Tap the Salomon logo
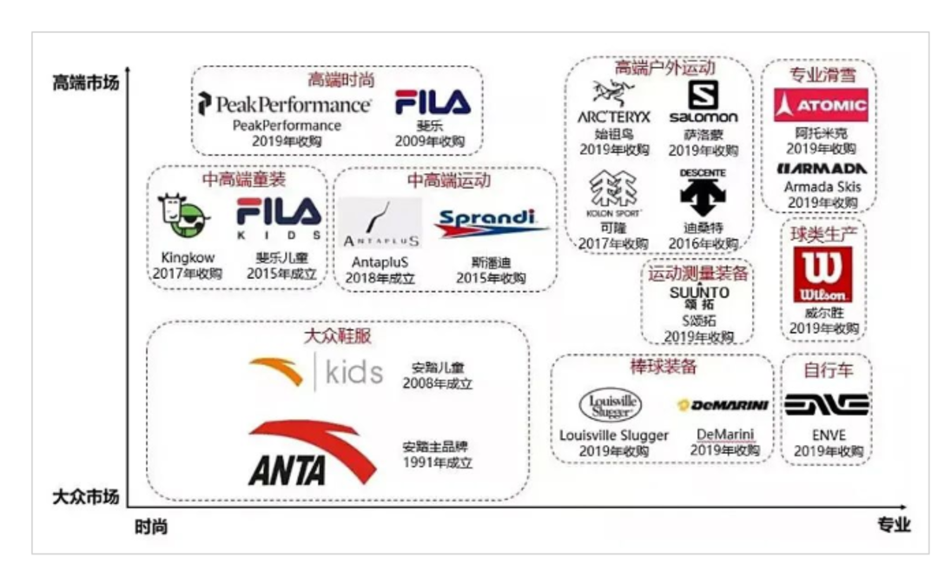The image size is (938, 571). click(703, 103)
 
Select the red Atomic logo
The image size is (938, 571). click(821, 106)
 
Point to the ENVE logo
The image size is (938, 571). click(826, 404)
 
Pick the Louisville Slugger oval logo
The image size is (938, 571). click(611, 405)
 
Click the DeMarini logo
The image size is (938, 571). click(723, 405)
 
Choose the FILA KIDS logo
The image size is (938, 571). click(279, 218)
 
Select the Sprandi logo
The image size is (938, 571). click(492, 223)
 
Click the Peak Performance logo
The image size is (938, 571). click(284, 104)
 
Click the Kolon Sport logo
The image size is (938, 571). click(613, 194)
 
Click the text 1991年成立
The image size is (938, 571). click(437, 462)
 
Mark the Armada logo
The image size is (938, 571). click(821, 168)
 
